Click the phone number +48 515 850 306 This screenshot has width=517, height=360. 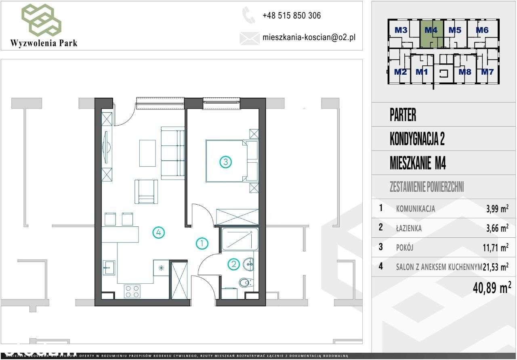coord(291,16)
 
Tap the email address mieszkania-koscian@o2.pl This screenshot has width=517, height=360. coord(309,38)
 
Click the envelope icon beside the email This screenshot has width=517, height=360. coord(249,38)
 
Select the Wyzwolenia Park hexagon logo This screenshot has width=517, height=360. coord(42,19)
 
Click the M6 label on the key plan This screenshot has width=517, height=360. coord(482,30)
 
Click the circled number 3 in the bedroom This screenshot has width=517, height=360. coord(225,162)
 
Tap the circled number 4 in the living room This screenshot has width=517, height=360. coord(158,232)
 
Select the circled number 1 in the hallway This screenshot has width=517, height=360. coord(202,243)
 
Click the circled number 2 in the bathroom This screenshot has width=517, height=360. coord(233,265)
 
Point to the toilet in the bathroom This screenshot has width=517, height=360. coord(245,283)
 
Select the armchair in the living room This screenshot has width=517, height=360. coord(146,191)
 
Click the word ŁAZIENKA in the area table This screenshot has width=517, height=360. coord(409,228)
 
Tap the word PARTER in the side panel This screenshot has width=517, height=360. coord(403,115)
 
